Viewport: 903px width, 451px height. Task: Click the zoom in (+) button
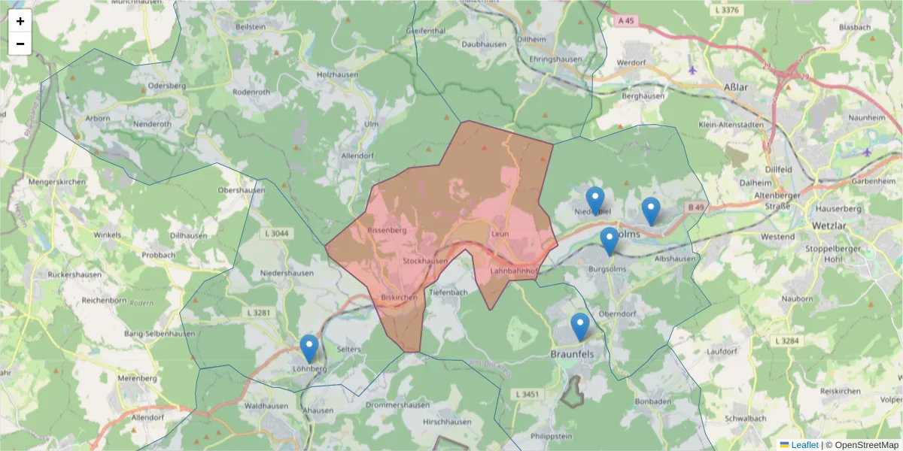20,21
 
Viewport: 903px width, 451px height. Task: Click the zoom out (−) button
20,44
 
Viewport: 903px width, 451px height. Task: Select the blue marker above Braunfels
579,327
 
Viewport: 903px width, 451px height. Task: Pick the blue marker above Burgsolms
610,241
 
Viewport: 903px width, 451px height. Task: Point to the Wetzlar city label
830,225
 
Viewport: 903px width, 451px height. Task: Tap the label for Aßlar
735,87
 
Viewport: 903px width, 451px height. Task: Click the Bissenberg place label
388,230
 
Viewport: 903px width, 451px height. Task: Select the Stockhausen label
425,261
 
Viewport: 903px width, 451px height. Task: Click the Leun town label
500,234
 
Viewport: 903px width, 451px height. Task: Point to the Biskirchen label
399,297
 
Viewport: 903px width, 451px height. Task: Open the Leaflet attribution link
804,445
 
